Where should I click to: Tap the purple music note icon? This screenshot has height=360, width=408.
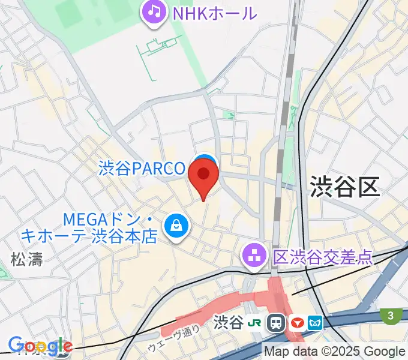[154, 11]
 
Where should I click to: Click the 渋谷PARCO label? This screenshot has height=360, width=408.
[142, 169]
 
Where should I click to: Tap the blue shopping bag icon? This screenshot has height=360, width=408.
[176, 227]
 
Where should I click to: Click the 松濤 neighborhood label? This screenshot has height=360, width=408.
[26, 259]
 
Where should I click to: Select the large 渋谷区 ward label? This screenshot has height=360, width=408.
[345, 187]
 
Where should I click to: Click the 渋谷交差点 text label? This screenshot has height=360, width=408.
[322, 257]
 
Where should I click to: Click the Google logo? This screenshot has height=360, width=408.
[40, 346]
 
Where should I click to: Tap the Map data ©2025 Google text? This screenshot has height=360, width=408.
[335, 352]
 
